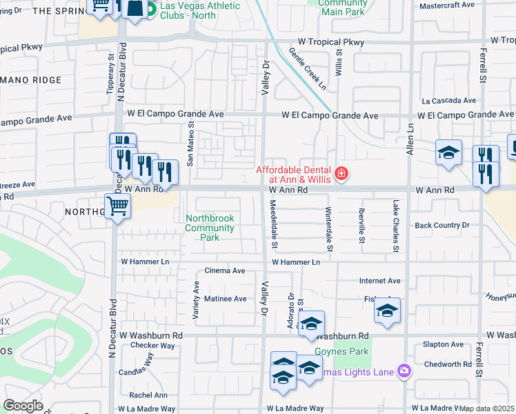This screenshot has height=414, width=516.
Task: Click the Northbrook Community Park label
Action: tap(210, 228)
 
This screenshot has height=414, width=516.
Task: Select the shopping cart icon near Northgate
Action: tap(117, 206)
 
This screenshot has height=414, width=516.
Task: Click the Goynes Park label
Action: tap(341, 351)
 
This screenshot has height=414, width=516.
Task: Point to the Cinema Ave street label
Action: tap(225, 271)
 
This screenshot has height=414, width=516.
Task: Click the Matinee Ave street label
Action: tap(225, 299)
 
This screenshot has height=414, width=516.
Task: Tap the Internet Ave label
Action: tap(379, 281)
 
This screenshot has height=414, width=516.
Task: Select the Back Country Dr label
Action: tap(441, 226)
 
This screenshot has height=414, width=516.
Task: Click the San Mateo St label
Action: tap(191, 145)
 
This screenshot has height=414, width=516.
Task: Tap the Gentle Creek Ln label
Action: tap(307, 68)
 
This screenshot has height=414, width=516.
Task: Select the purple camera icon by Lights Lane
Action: tap(404, 372)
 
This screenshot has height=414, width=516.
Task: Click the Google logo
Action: tap(23, 406)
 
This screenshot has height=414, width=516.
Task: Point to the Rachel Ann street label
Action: tap(148, 395)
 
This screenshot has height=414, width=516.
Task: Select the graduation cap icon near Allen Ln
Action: tap(448, 152)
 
